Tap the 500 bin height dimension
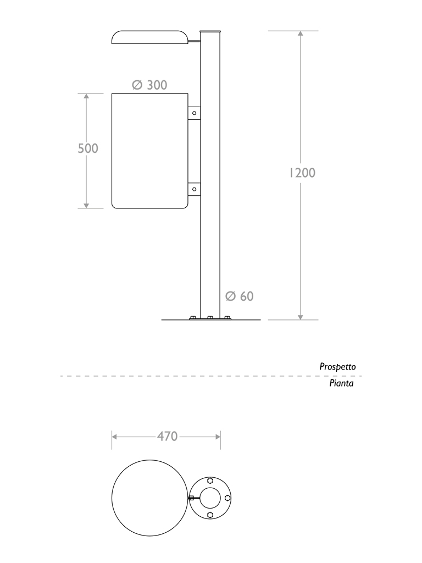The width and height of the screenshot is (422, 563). (87, 148)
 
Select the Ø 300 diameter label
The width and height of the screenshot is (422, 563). (149, 85)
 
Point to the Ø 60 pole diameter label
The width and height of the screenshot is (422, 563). (240, 296)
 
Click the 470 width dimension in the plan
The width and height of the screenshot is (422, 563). (167, 437)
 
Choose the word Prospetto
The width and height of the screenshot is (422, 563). (337, 366)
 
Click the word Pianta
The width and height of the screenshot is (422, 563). (341, 384)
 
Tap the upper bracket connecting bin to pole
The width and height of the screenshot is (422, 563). (193, 113)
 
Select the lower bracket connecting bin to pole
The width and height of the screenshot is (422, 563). (193, 189)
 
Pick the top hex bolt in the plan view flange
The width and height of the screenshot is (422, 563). (210, 481)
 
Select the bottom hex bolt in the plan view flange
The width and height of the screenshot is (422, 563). (210, 515)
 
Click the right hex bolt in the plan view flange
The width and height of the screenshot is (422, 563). (227, 498)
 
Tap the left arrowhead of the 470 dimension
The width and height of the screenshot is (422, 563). (115, 437)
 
